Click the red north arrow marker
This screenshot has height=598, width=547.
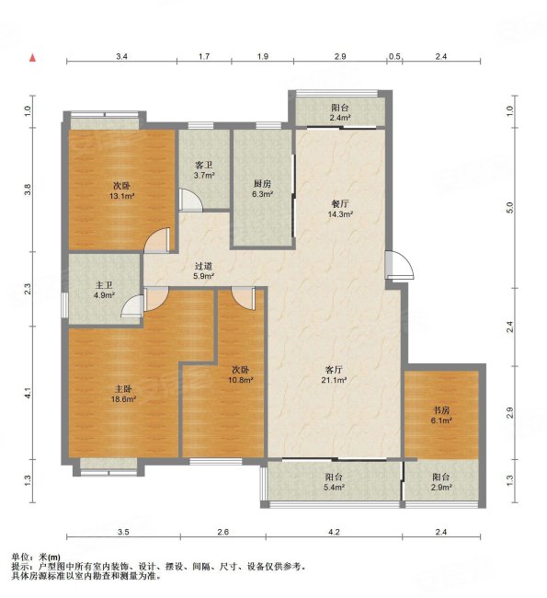coord(33,58)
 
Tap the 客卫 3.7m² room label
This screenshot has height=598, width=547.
coord(204,170)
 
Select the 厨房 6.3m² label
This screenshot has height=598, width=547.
coord(262,189)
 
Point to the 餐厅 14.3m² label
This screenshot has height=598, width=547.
coord(340,209)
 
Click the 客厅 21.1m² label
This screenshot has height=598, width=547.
coord(334,374)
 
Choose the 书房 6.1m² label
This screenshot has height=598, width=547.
coord(441,415)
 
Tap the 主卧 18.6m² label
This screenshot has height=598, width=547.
coord(123,394)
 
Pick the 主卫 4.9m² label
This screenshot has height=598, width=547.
coord(104,290)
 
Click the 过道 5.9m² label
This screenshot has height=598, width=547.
coord(203,271)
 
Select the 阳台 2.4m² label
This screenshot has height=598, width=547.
coord(340,113)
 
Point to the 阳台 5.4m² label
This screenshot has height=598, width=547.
coord(334,482)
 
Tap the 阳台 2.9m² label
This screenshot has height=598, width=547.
coord(441,482)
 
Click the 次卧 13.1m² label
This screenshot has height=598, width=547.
coord(121,190)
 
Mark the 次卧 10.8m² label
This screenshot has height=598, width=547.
coord(241,374)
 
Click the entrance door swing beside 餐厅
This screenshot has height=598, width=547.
coord(399,265)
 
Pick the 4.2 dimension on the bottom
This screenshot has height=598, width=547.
coord(334,531)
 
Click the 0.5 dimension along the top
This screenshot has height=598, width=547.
coord(394,56)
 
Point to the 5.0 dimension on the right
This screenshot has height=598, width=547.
coord(510,207)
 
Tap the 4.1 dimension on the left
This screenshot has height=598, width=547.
coord(28,393)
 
